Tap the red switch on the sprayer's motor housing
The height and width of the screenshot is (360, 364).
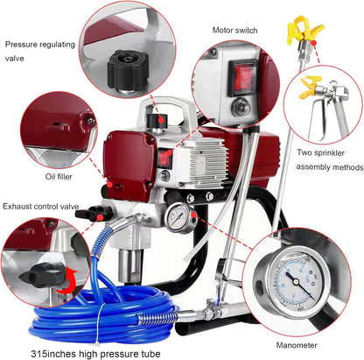[164, 158]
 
